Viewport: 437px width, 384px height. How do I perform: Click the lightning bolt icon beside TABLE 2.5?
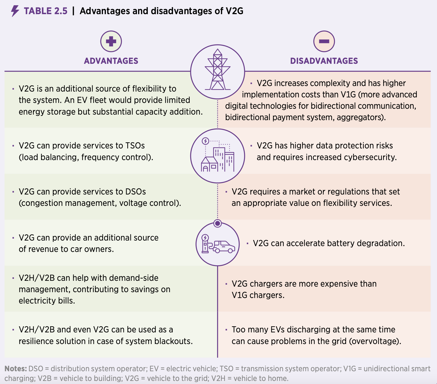(15, 11)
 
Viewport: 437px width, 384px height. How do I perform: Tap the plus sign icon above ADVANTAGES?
(111, 41)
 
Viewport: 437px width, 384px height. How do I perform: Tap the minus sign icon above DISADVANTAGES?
(324, 41)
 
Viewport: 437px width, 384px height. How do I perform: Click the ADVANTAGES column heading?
(111, 61)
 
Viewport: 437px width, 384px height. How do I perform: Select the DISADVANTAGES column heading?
(324, 61)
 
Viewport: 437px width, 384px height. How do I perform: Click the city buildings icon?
(218, 156)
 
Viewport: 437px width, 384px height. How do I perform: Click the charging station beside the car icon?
(205, 244)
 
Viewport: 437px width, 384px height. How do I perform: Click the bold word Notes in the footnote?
(16, 369)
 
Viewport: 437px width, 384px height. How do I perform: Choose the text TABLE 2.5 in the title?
(45, 11)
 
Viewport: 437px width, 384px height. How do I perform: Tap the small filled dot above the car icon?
(218, 223)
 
